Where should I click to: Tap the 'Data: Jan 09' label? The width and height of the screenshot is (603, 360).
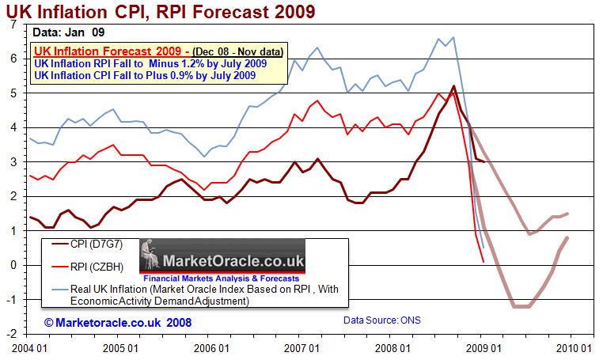(x=68, y=33)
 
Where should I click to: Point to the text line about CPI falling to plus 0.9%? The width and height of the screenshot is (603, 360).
(x=144, y=76)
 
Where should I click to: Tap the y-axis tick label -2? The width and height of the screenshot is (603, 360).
(x=11, y=335)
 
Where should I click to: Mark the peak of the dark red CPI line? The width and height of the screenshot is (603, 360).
(x=453, y=86)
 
